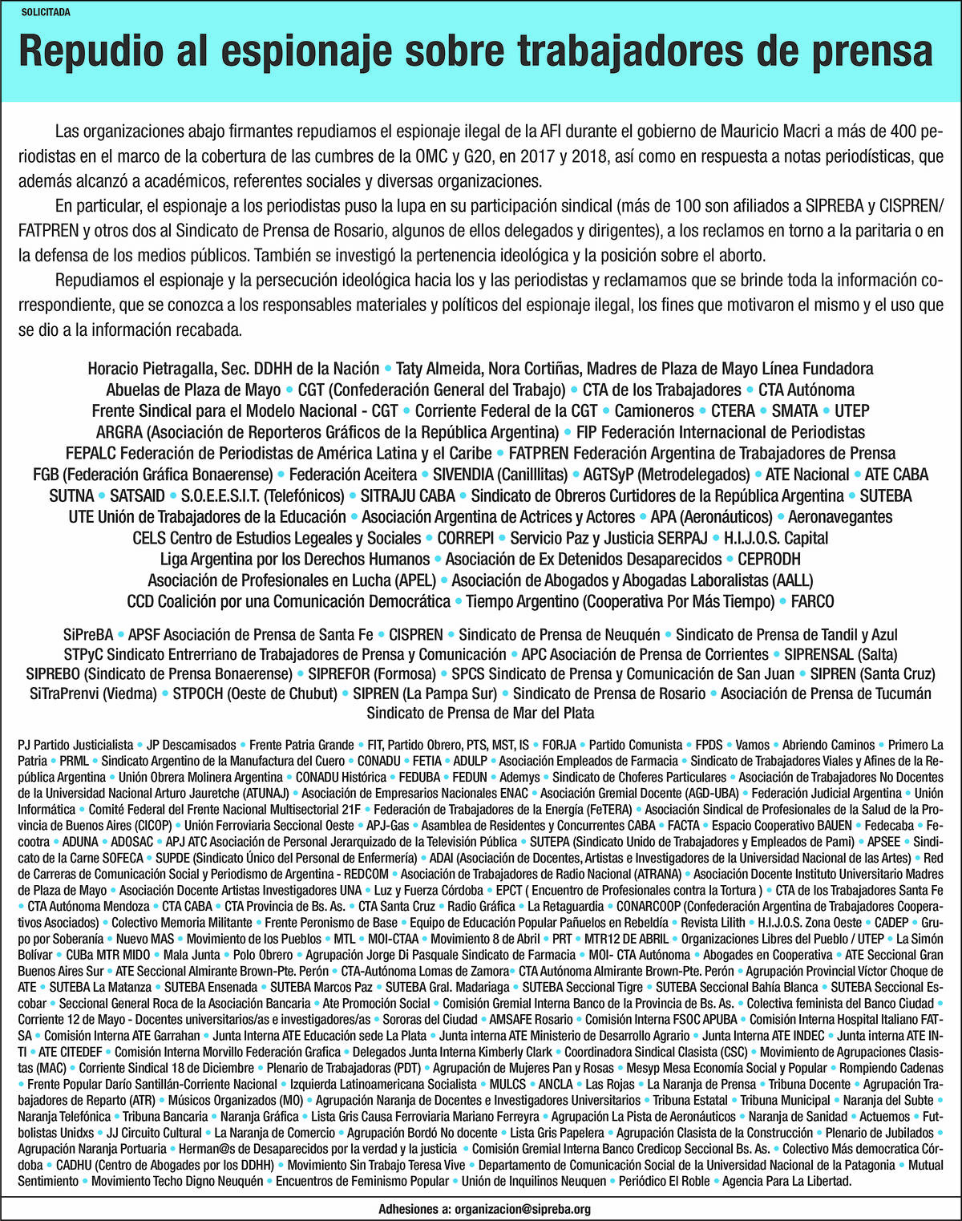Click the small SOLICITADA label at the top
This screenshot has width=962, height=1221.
point(45,13)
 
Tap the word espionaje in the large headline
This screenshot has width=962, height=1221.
point(302,51)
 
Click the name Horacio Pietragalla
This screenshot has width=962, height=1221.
point(149,369)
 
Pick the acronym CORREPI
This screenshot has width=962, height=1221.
point(465,538)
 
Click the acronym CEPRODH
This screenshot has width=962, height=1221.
point(769,559)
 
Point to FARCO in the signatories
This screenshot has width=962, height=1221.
point(812,601)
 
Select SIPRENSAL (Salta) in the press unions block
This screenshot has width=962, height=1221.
point(841,654)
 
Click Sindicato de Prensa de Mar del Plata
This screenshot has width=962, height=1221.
point(481,713)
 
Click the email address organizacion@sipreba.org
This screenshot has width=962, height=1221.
point(523,1210)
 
